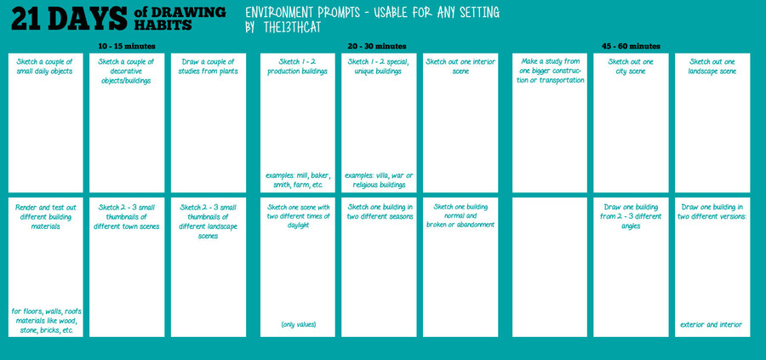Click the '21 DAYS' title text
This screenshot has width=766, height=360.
tap(69, 19)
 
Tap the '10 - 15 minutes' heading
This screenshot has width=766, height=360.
tap(127, 47)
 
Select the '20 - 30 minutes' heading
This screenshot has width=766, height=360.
tap(377, 47)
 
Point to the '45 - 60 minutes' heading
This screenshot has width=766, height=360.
tap(631, 47)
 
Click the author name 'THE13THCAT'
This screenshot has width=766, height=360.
tap(292, 28)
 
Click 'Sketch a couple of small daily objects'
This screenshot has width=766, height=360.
tap(45, 67)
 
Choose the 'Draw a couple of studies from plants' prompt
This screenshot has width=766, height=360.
tap(209, 67)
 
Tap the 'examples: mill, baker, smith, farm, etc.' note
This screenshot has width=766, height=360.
tap(298, 180)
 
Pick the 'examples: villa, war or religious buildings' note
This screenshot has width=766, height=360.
tap(379, 180)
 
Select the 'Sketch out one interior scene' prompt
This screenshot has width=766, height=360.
tap(460, 67)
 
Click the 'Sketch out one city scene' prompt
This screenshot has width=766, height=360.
tap(631, 67)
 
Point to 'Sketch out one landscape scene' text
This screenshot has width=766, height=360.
tap(712, 67)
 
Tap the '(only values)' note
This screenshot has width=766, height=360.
tap(298, 324)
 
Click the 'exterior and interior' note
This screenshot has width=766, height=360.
tap(712, 324)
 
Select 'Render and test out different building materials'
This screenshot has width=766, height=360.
tap(45, 217)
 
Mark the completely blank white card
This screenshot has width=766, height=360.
tap(550, 267)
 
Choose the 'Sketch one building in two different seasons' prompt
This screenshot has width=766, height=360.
tap(379, 212)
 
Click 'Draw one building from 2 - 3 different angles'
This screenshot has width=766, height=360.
tap(631, 216)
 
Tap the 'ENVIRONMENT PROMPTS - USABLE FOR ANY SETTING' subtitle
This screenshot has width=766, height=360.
tap(372, 12)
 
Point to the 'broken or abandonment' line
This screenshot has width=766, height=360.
tap(460, 225)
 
